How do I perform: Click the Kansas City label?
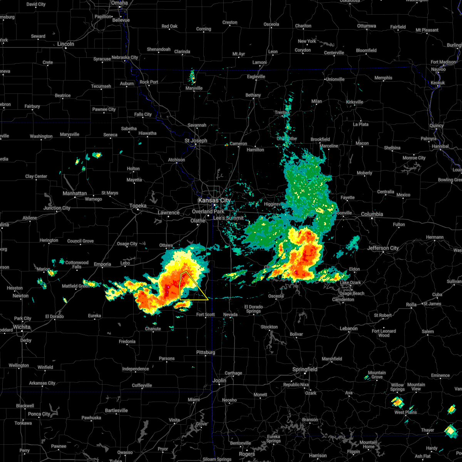214,201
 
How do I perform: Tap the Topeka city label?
138,206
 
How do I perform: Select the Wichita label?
22,327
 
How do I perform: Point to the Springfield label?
305,369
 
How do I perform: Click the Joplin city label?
219,380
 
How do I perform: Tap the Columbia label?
372,214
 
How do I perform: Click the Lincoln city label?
65,44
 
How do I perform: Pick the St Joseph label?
196,141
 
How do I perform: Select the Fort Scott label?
206,315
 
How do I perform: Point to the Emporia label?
102,264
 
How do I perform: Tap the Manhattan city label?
75,193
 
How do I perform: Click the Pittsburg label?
206,352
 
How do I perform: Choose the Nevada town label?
231,315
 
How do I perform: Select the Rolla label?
411,305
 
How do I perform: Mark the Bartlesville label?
116,410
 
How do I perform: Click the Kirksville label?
355,102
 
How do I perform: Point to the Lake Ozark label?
350,283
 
